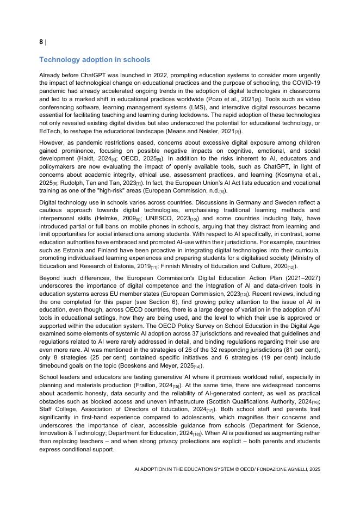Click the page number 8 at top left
tap(41, 42)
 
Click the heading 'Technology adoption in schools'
tap(95, 59)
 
